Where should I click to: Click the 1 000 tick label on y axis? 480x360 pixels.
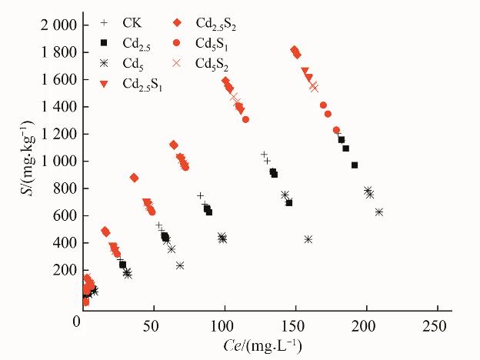tap(55, 162)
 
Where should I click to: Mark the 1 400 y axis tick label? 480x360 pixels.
tap(55, 107)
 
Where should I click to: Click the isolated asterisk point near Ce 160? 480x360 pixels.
tap(308, 239)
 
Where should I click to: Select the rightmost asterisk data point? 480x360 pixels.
tap(378, 212)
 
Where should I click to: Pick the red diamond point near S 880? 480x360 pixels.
tap(135, 178)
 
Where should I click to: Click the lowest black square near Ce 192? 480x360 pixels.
tap(355, 165)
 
